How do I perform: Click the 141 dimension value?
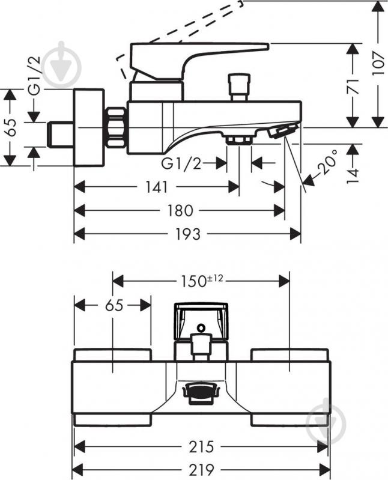[157, 187]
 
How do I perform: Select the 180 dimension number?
[180, 211]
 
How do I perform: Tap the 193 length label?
[187, 234]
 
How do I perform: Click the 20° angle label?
[327, 162]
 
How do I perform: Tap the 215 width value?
[201, 447]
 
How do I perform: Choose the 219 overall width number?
[201, 469]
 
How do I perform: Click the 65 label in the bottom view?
[114, 305]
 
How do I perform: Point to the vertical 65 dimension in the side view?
[11, 127]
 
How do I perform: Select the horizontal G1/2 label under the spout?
[181, 164]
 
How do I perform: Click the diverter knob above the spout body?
[240, 87]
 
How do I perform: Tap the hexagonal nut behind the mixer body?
[116, 127]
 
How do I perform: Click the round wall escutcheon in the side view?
[89, 127]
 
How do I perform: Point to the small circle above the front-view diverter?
[201, 328]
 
